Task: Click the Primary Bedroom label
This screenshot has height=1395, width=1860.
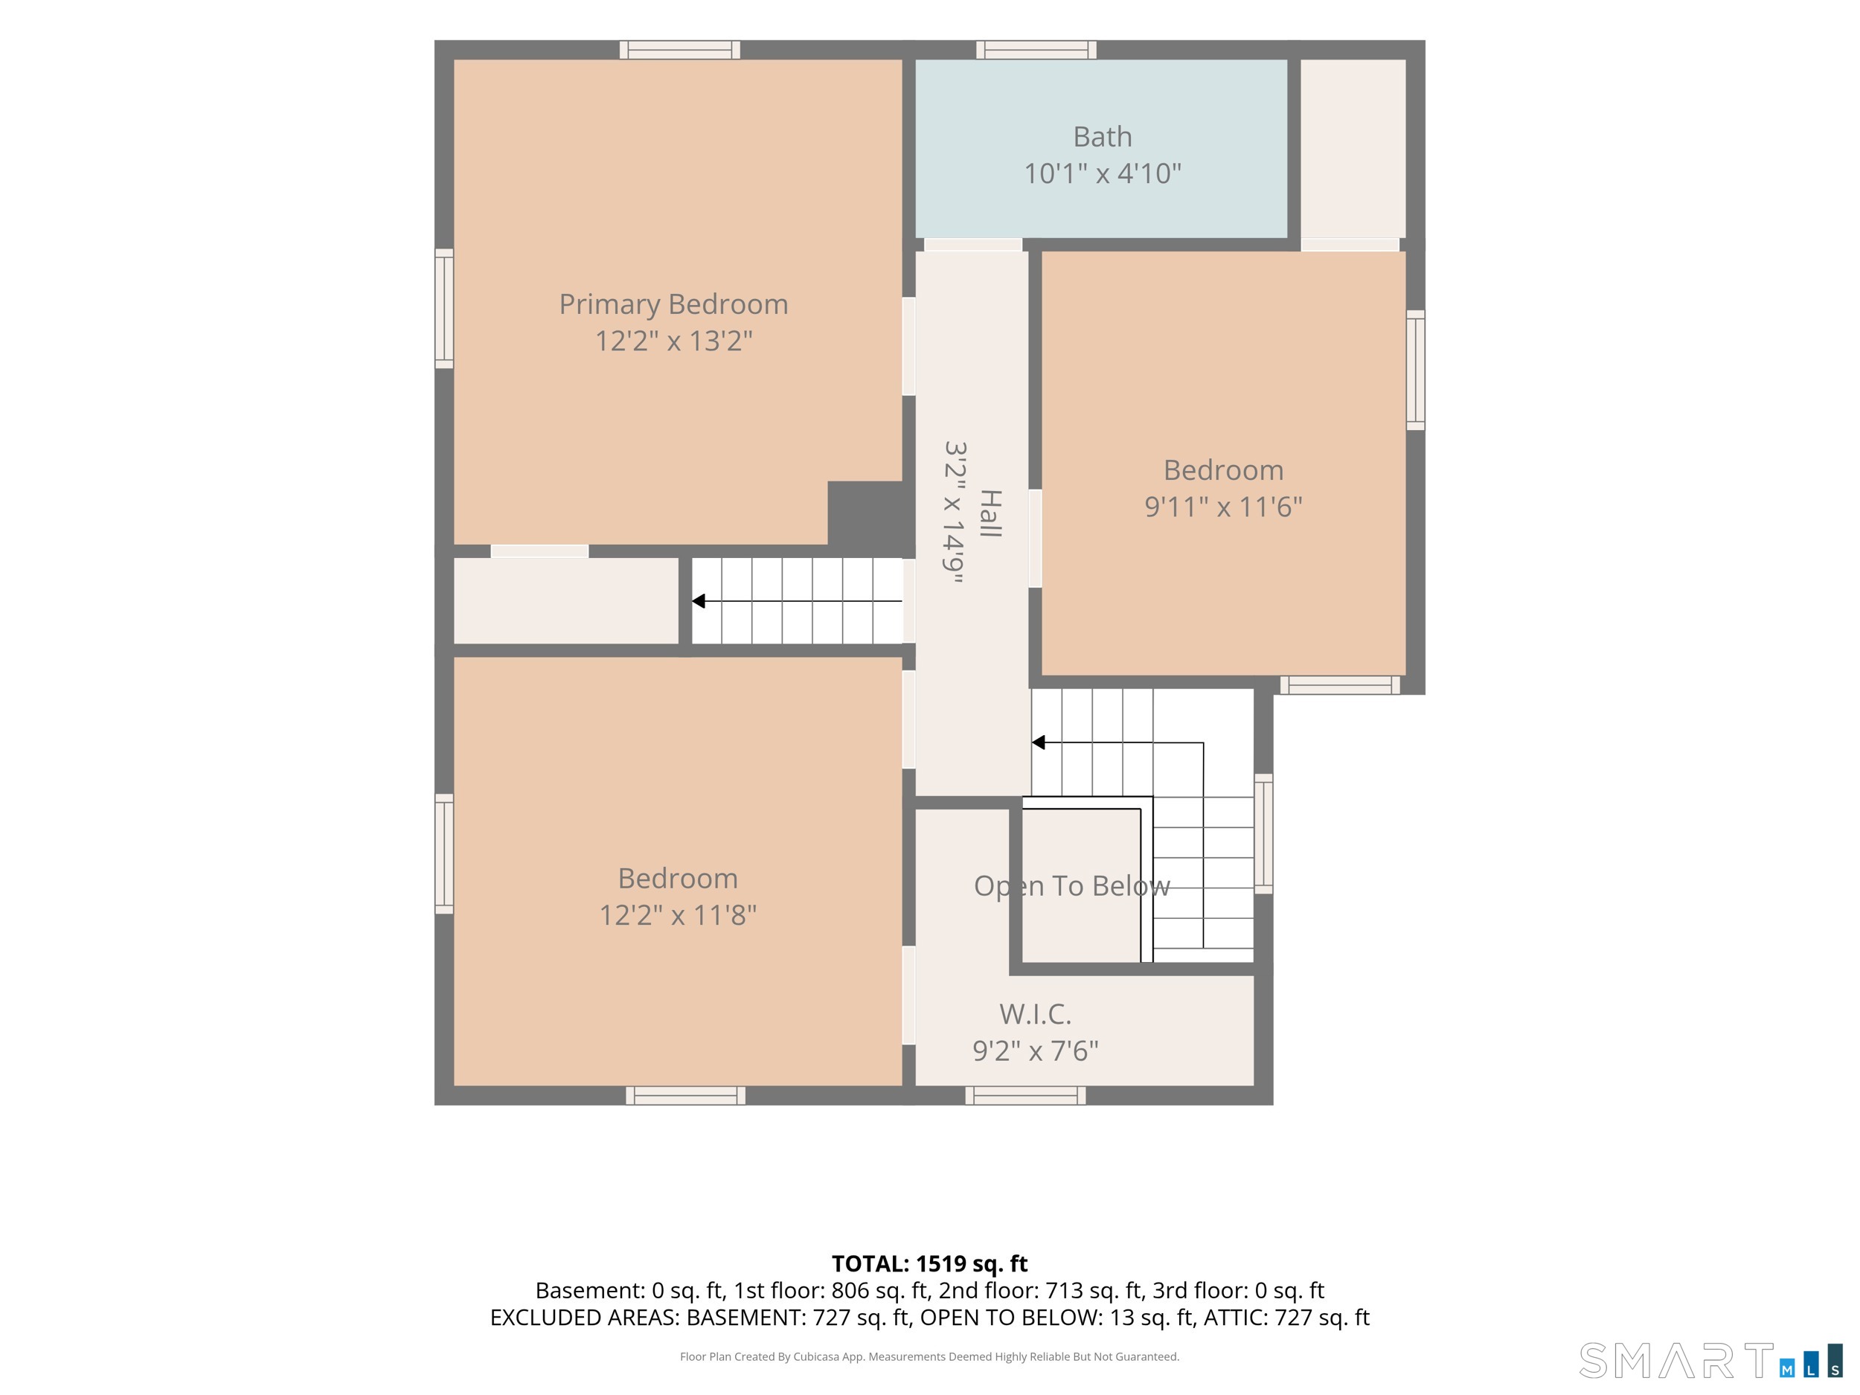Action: [x=673, y=304]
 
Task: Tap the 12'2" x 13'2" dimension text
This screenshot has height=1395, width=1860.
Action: [x=673, y=341]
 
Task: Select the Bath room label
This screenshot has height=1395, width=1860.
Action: [x=1103, y=136]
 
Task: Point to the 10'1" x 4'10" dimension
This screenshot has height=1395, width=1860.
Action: [x=1103, y=173]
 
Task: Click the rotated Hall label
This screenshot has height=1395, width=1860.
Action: [x=990, y=513]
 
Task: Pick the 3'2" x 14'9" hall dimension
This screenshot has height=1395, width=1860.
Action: [x=954, y=512]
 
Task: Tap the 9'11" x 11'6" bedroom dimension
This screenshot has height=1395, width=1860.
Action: [x=1223, y=506]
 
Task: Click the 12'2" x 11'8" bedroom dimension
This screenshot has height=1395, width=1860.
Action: [x=678, y=915]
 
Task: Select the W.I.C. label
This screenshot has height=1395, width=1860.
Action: [x=1035, y=1014]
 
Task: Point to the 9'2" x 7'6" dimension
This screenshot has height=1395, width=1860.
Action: [x=1035, y=1051]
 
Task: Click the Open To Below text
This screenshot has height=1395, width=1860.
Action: [x=1072, y=885]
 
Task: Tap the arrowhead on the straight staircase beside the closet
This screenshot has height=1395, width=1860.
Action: [x=698, y=601]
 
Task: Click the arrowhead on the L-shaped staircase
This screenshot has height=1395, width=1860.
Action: [x=1039, y=743]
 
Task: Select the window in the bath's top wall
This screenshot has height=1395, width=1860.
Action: [x=1036, y=50]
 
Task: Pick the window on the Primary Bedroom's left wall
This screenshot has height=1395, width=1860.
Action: [x=444, y=309]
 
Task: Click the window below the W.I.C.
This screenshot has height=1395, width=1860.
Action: [x=1025, y=1095]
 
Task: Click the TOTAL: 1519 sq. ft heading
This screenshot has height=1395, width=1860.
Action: [x=929, y=1264]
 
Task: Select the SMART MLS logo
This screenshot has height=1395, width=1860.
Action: [x=1710, y=1361]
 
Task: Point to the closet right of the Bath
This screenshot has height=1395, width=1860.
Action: [x=1353, y=149]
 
